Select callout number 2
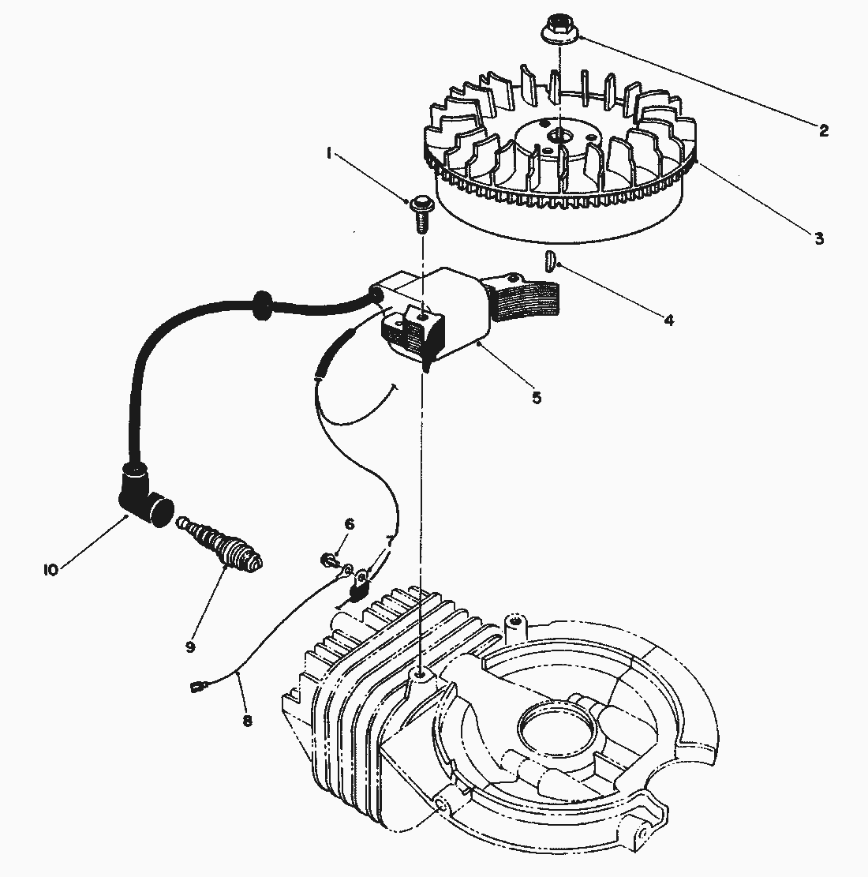[823, 130]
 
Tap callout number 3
[818, 237]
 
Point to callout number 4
[668, 320]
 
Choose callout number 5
[536, 397]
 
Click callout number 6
[350, 524]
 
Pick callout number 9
[190, 646]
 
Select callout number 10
[51, 569]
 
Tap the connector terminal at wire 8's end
[196, 687]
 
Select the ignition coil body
[442, 316]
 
